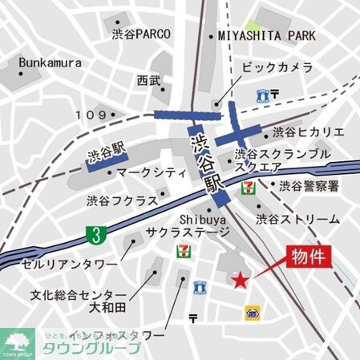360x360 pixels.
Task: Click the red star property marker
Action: (x=238, y=279)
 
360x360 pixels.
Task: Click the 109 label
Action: (x=90, y=115)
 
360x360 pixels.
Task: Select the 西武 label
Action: (x=148, y=81)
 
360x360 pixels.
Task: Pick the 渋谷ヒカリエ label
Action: (x=308, y=131)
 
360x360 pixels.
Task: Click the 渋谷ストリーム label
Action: (x=298, y=218)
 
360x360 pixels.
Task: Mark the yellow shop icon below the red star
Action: (x=253, y=311)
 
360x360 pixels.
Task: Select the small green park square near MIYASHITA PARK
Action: (x=253, y=27)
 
